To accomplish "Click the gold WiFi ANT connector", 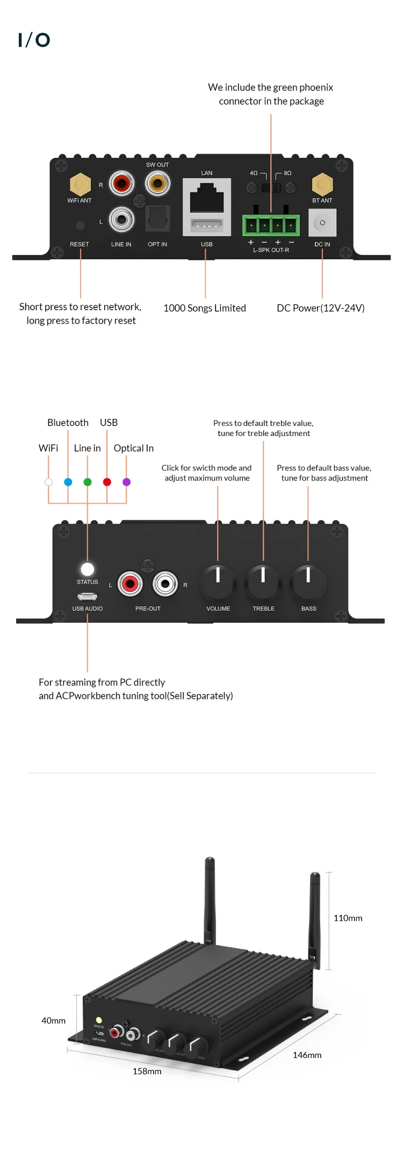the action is [x=80, y=184].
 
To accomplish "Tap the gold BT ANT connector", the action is [x=322, y=184].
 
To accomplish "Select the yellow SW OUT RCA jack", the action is [x=157, y=183].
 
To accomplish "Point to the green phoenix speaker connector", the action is [x=271, y=225].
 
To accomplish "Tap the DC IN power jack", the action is [x=322, y=223].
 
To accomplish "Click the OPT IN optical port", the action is [x=157, y=218].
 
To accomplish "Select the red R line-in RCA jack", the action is [x=121, y=183].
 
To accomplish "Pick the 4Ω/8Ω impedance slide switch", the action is [x=271, y=188].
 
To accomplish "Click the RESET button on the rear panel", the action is [x=80, y=226].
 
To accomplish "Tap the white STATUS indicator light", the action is [x=88, y=569].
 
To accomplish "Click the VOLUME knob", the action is [x=218, y=582].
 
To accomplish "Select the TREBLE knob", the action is [x=263, y=582].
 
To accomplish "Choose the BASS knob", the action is [x=308, y=582].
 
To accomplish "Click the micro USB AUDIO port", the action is [x=88, y=596].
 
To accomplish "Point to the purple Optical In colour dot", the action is [x=127, y=482].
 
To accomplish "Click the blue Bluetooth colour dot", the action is [x=68, y=482].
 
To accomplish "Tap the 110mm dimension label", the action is [x=348, y=918].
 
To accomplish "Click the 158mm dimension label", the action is [x=147, y=1071].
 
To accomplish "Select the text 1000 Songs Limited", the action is [x=205, y=308].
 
